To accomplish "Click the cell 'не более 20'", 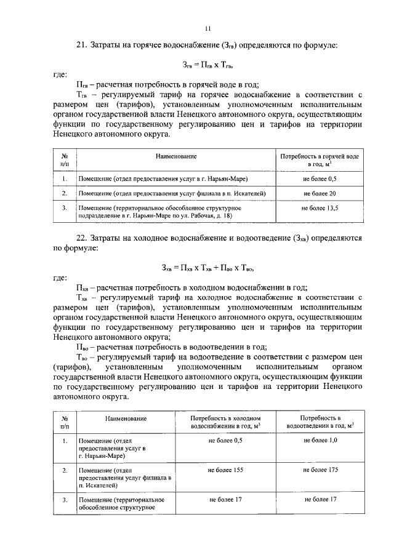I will click(x=320, y=194).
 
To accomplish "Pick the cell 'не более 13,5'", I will click(x=320, y=209).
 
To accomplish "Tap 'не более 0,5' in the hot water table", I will click(x=320, y=178).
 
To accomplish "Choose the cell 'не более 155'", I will click(x=225, y=470).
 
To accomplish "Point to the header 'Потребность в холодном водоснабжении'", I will click(x=225, y=422).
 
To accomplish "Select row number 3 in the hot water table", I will click(x=64, y=209).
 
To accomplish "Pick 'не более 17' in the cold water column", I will click(x=225, y=499).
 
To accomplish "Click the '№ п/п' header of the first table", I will click(x=64, y=161).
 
